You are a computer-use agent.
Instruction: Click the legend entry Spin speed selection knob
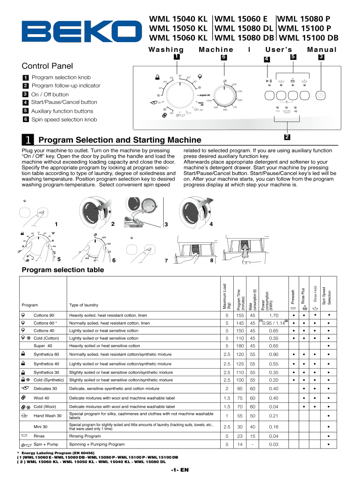(64, 120)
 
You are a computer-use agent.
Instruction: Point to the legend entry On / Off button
(50, 94)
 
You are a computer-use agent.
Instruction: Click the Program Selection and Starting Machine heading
(120, 140)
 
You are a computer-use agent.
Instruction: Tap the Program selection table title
(63, 270)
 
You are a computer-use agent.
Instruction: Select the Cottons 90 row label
(44, 315)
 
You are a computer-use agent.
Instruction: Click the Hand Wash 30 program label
(47, 416)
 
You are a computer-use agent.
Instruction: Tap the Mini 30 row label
(40, 427)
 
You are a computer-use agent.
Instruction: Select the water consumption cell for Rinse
(252, 435)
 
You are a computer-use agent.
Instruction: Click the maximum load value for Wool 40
(227, 398)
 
